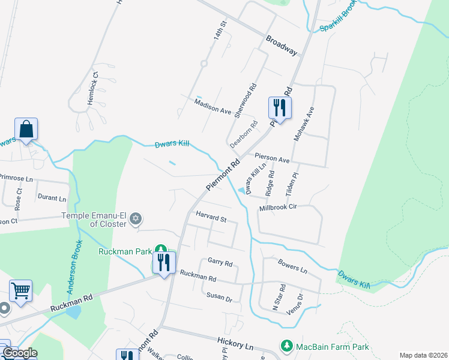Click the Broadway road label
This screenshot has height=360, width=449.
click(282, 44)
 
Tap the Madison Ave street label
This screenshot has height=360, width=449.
click(213, 107)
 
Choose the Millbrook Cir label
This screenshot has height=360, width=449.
click(279, 208)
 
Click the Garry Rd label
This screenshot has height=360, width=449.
click(220, 262)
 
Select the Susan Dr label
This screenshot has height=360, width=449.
click(219, 297)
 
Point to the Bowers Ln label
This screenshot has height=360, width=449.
click(293, 266)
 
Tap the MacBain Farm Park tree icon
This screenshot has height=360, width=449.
click(286, 346)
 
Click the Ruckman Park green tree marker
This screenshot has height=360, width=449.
click(160, 249)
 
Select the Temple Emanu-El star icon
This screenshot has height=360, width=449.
click(136, 218)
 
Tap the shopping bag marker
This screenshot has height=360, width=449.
click(26, 129)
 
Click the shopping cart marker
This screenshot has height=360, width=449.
click(20, 291)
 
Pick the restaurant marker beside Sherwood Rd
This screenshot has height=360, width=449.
click(280, 108)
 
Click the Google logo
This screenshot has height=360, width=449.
click(19, 353)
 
